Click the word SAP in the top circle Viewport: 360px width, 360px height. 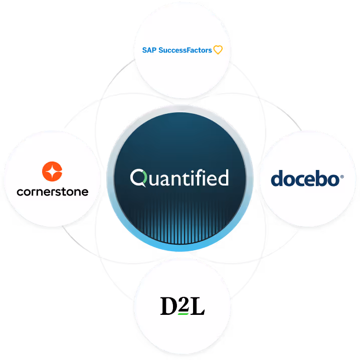[149, 50]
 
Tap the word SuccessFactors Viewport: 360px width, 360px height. [185, 50]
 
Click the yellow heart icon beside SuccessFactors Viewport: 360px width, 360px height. [218, 50]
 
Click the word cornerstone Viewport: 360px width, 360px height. [52, 192]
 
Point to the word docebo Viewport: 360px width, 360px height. [305, 179]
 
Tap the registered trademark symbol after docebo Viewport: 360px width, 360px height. [342, 176]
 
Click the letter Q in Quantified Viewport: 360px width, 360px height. [138, 177]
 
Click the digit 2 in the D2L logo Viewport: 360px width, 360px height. [183, 304]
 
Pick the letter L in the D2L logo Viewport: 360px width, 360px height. [198, 306]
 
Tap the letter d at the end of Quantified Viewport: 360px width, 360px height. [223, 177]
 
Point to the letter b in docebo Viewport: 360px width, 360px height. [319, 178]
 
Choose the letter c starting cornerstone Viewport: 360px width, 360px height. [20, 192]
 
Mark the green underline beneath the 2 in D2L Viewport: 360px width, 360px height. [183, 314]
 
